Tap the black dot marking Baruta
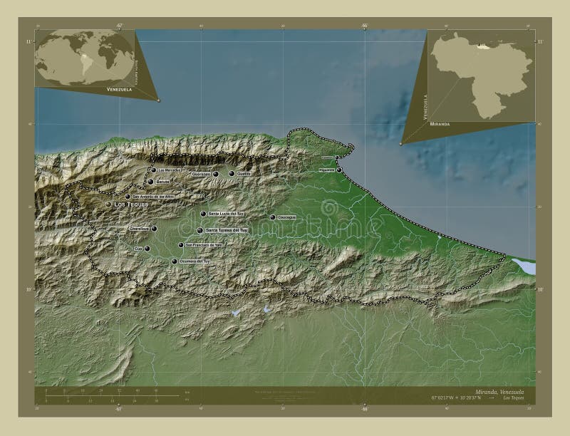[x=151, y=182]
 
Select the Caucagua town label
[x=286, y=217]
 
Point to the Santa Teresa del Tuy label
[x=227, y=231]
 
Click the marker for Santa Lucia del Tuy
[x=203, y=214]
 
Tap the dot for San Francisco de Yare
[x=181, y=245]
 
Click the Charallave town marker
[x=153, y=229]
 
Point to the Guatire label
[x=244, y=174]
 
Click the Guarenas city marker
[x=215, y=174]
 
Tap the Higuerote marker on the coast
[x=339, y=169]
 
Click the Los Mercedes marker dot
[x=152, y=170]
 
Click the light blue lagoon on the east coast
[x=523, y=266]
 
